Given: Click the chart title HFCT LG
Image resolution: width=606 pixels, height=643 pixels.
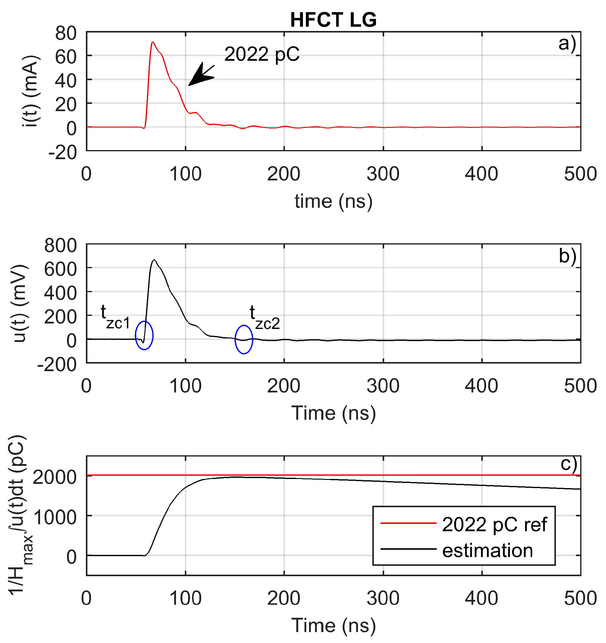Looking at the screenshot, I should point(333,20).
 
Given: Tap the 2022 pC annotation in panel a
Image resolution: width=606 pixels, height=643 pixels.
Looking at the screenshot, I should point(262,54).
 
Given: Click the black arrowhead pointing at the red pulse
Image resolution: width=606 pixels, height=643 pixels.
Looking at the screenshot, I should point(199,76).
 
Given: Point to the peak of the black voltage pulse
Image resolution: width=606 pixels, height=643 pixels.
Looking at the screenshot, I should point(154,260).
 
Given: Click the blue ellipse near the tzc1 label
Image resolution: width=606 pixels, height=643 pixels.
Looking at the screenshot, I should point(144,335).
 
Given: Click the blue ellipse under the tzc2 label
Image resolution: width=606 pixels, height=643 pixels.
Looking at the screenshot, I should point(244,339).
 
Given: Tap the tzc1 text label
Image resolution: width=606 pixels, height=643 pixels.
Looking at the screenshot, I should point(115,317).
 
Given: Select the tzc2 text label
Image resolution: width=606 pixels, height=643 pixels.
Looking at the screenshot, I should point(264,318).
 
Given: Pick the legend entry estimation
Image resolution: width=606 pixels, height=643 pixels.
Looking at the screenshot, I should point(487,550).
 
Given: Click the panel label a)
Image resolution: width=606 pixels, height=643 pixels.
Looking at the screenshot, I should point(567,44).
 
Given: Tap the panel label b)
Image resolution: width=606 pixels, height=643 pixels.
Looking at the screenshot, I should point(567,256).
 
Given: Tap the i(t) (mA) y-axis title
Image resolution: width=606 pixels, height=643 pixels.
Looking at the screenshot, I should point(31,91).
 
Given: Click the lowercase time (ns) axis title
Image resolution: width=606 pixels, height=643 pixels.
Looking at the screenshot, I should point(333,201).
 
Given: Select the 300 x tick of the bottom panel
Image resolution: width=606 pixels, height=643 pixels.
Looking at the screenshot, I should point(383,598).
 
